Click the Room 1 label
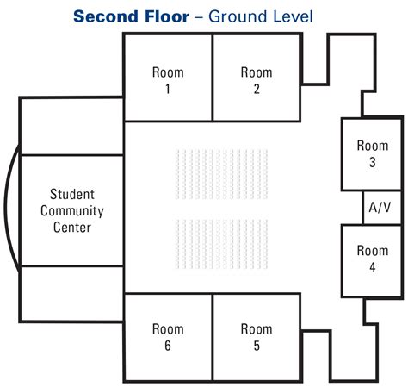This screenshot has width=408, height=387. pyautogui.click(x=168, y=80)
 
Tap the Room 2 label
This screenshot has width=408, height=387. pyautogui.click(x=257, y=80)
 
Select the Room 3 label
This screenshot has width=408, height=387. pyautogui.click(x=373, y=153)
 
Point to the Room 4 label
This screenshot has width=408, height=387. pyautogui.click(x=373, y=259)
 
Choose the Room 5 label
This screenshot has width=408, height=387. pyautogui.click(x=257, y=337)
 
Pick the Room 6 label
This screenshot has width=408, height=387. pyautogui.click(x=168, y=337)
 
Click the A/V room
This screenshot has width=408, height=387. pyautogui.click(x=382, y=208)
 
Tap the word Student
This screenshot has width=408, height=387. pyautogui.click(x=72, y=194)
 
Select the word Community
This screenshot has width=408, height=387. pyautogui.click(x=72, y=211)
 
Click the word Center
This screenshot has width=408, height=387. pyautogui.click(x=72, y=228)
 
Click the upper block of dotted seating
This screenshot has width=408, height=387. pyautogui.click(x=221, y=174)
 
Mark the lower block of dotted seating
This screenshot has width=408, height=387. pyautogui.click(x=221, y=244)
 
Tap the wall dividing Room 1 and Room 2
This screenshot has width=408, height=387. pyautogui.click(x=213, y=78)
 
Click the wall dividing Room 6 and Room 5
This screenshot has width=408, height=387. pyautogui.click(x=213, y=338)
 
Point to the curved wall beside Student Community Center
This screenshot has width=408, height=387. pyautogui.click(x=4, y=208)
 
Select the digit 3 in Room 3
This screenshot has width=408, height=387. pyautogui.click(x=373, y=162)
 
